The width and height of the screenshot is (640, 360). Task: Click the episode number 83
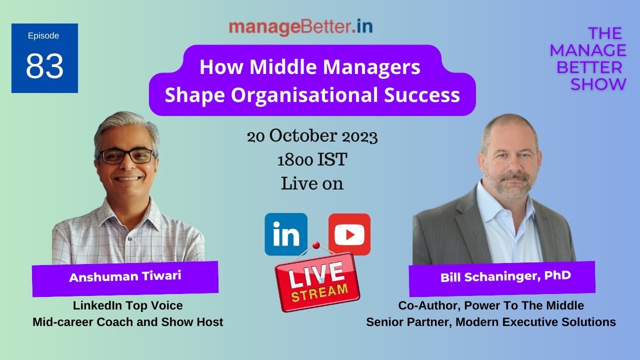pyautogui.click(x=44, y=66)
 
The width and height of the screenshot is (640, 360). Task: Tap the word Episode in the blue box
pyautogui.click(x=43, y=35)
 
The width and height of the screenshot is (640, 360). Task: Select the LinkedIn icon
pyautogui.click(x=286, y=234)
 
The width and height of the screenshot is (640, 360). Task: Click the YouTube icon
pyautogui.click(x=349, y=234)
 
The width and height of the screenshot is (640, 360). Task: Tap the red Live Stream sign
pyautogui.click(x=317, y=281)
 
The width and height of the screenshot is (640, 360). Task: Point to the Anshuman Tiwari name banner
pyautogui.click(x=125, y=277)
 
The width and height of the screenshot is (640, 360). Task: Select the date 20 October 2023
pyautogui.click(x=312, y=136)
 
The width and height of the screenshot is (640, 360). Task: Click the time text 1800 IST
pyautogui.click(x=312, y=160)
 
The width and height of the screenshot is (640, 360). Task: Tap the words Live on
pyautogui.click(x=312, y=183)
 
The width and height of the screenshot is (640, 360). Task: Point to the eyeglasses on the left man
pyautogui.click(x=127, y=156)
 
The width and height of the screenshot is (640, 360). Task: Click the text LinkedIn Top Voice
pyautogui.click(x=127, y=305)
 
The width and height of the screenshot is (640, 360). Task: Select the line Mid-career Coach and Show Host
pyautogui.click(x=127, y=322)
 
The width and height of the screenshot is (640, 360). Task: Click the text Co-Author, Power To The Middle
pyautogui.click(x=490, y=305)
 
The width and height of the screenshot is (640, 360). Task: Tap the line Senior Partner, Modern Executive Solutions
pyautogui.click(x=490, y=322)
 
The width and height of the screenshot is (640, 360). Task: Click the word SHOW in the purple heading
pyautogui.click(x=598, y=84)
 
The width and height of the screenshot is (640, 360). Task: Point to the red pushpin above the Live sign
pyautogui.click(x=315, y=245)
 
